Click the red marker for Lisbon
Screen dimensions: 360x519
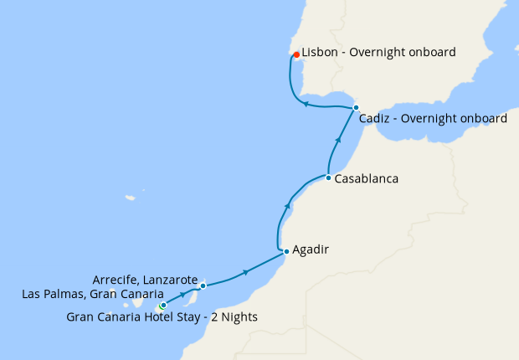click(x=296, y=54)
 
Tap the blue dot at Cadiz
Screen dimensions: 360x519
click(x=356, y=108)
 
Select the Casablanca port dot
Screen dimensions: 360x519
click(x=328, y=177)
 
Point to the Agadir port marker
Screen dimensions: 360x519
click(x=286, y=251)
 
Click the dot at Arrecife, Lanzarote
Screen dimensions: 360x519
click(x=203, y=285)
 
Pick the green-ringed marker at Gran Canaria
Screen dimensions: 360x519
click(x=162, y=306)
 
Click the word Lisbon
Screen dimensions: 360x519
click(x=320, y=52)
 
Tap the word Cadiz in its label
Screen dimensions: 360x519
click(x=374, y=119)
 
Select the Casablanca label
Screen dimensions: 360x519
click(x=366, y=179)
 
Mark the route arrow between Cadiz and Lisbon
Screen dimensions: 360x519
click(x=306, y=105)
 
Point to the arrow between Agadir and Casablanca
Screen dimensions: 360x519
click(x=288, y=206)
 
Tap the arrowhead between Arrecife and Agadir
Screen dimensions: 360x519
click(x=245, y=272)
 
